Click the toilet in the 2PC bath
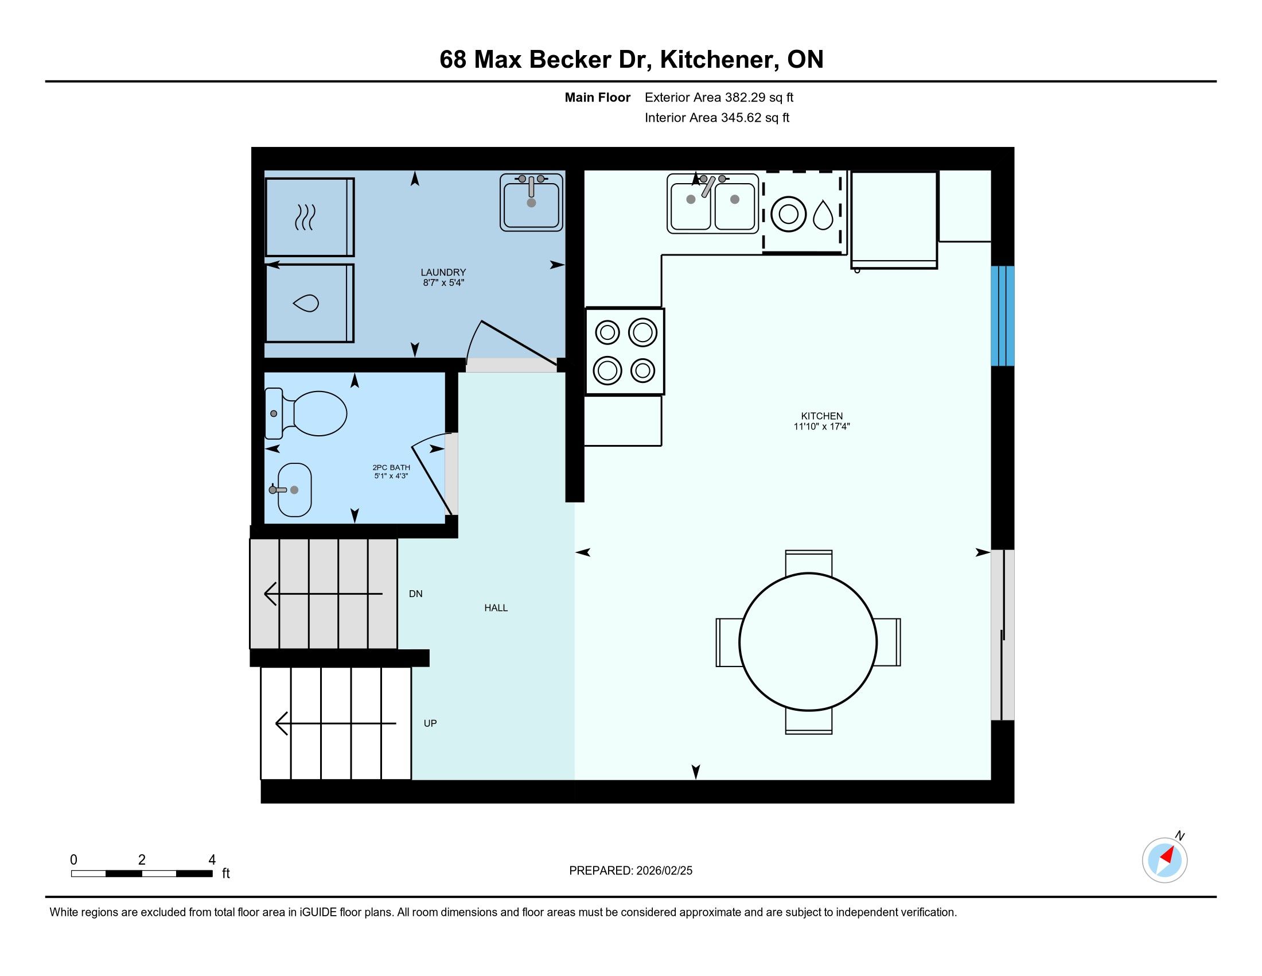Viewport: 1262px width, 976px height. (306, 413)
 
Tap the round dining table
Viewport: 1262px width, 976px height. (808, 642)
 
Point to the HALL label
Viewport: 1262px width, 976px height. (496, 607)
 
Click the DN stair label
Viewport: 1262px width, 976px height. (415, 594)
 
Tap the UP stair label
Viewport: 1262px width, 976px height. (430, 723)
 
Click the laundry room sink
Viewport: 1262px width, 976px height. (532, 202)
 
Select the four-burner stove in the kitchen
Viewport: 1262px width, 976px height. (625, 351)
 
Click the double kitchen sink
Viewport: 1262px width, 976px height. (712, 204)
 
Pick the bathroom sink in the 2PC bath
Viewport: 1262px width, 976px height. (293, 490)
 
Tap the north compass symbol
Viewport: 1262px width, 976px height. (1165, 860)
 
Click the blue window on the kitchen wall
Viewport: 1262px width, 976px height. (1003, 316)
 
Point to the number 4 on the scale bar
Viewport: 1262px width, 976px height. (212, 860)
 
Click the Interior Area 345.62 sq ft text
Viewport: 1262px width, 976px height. (717, 118)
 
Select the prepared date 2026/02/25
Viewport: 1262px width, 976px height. (664, 871)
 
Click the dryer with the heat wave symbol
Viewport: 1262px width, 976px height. (310, 218)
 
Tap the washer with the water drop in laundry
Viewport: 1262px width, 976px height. (310, 303)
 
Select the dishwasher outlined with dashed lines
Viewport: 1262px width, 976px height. (802, 212)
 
